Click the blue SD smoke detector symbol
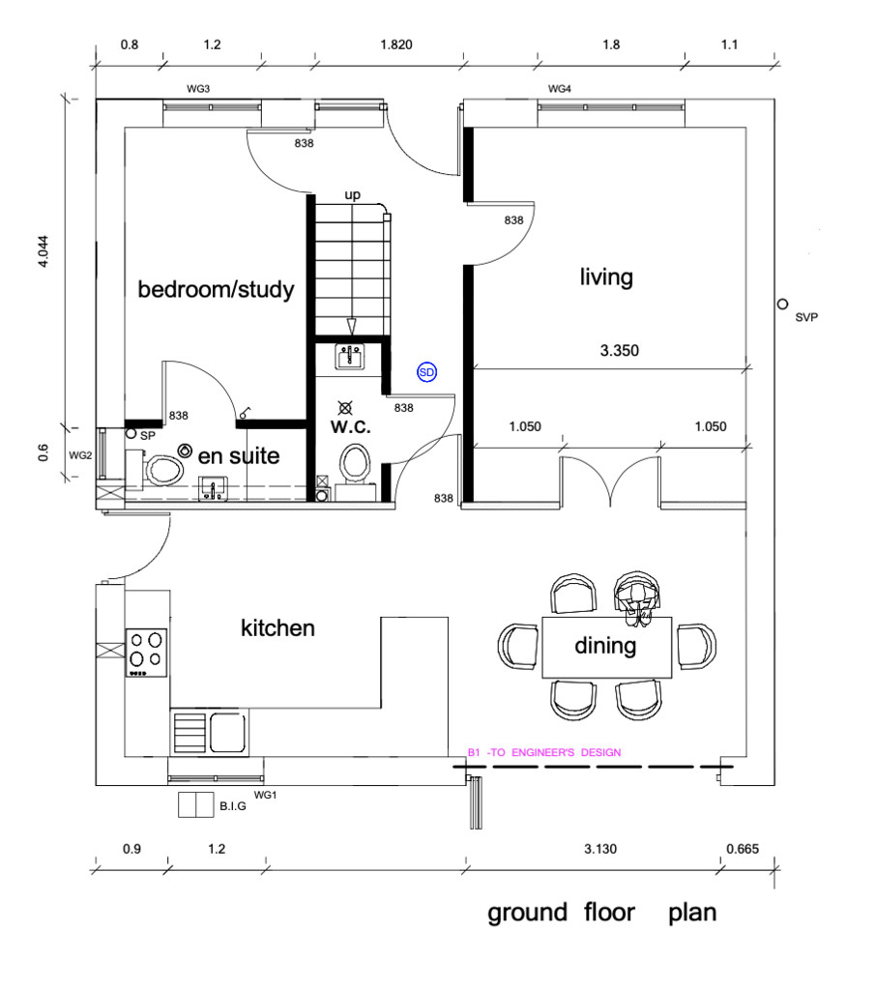(x=426, y=372)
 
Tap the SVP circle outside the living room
(x=782, y=305)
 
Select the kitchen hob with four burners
(x=146, y=653)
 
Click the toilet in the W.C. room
(x=355, y=462)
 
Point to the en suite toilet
(x=164, y=471)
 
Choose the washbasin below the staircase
(x=349, y=357)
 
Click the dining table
(x=606, y=647)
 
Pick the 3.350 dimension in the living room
(x=620, y=350)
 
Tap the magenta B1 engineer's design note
(x=544, y=752)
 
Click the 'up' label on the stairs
(x=352, y=195)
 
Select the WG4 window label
(x=560, y=89)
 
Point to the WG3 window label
(x=198, y=89)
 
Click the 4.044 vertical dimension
(x=43, y=251)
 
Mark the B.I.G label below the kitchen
(x=233, y=806)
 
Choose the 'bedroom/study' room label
(x=216, y=290)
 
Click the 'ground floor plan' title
(x=601, y=913)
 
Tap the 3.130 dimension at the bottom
(x=600, y=849)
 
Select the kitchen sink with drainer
(x=209, y=732)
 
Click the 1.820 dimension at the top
(x=396, y=44)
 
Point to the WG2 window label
(x=80, y=455)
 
